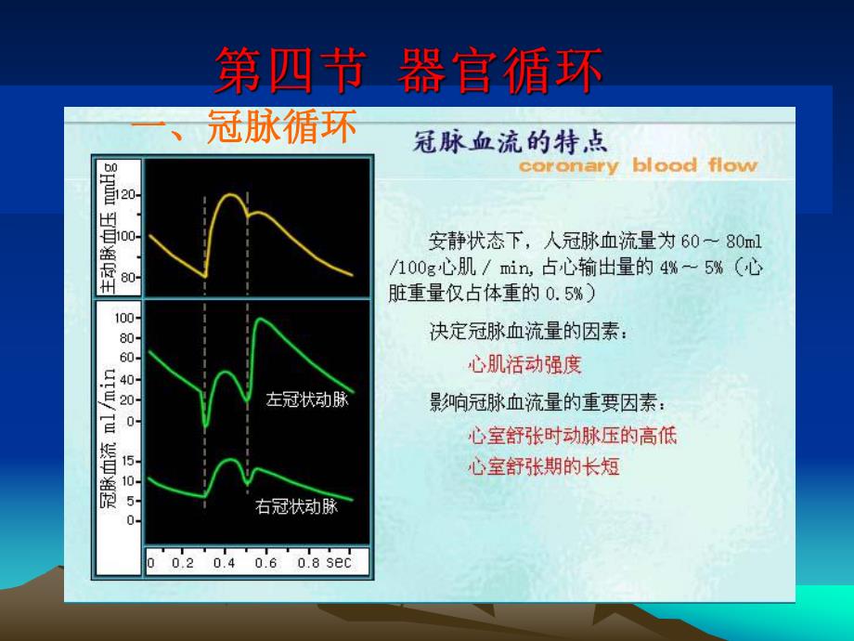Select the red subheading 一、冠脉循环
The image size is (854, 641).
tap(243, 129)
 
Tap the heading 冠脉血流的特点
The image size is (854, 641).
tap(510, 141)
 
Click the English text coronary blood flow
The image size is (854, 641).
tap(638, 166)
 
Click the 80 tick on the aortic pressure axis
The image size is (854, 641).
tap(127, 277)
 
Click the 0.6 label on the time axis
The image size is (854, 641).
tap(265, 563)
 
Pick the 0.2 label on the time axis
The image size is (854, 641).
tap(184, 563)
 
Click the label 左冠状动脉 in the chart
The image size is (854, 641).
tap(306, 400)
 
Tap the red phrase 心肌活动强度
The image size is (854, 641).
tap(525, 365)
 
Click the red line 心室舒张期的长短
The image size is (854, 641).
tap(544, 466)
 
